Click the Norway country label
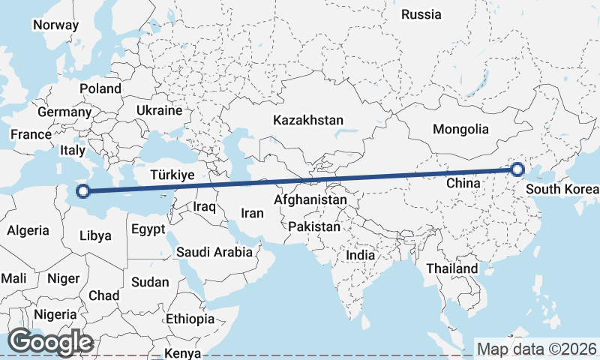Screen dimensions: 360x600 point(55,25)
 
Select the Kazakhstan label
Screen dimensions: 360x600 point(308,120)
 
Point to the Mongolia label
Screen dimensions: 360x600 point(460,129)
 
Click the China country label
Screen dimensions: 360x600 point(462,183)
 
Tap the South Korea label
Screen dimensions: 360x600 point(562,188)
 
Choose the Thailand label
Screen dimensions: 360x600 point(451,268)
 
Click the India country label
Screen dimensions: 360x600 point(360,255)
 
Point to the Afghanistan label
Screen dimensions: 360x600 point(310,200)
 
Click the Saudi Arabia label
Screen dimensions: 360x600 point(214,252)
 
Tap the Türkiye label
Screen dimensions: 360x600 point(172,175)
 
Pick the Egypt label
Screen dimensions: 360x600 point(147,229)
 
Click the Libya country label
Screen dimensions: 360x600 point(95,235)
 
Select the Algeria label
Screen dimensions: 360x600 point(28,231)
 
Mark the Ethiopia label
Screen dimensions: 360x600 point(190,319)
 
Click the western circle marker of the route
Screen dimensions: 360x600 point(83,191)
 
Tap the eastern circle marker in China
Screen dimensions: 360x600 point(517,169)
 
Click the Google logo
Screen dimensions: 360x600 point(50,342)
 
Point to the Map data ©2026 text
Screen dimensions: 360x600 point(537,349)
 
